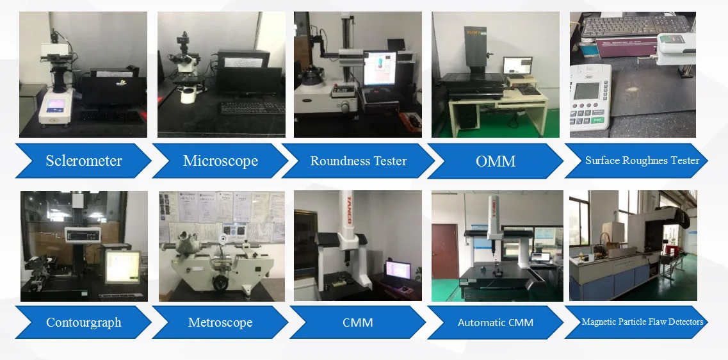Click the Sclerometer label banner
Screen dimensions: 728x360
[83, 161]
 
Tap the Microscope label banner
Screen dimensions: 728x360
[220, 161]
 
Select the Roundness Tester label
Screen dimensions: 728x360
[358, 161]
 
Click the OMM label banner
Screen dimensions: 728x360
[496, 161]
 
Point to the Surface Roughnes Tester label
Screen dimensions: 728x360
[642, 160]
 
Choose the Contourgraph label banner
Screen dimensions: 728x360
[83, 322]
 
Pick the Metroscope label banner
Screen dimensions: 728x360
[220, 322]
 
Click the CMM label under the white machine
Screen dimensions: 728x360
[357, 322]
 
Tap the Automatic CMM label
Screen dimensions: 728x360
[496, 322]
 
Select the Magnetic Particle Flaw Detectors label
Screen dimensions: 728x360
[642, 322]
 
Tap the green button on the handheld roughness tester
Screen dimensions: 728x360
[597, 119]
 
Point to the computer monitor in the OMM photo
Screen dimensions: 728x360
[517, 66]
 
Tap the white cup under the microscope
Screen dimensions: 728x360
[188, 96]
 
